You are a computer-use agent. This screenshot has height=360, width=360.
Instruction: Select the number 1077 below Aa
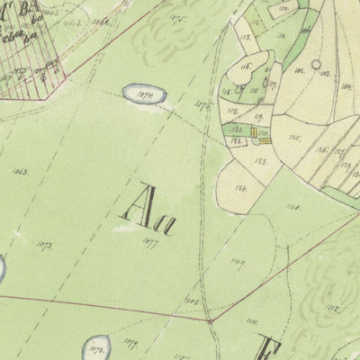click(x=150, y=239)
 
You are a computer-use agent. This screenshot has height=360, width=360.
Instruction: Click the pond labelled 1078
click(x=96, y=345)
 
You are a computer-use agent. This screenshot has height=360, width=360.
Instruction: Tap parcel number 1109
click(x=238, y=262)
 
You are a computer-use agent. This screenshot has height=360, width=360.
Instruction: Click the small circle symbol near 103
click(x=316, y=65)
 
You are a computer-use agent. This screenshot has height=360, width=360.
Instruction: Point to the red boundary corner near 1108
click(x=210, y=319)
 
